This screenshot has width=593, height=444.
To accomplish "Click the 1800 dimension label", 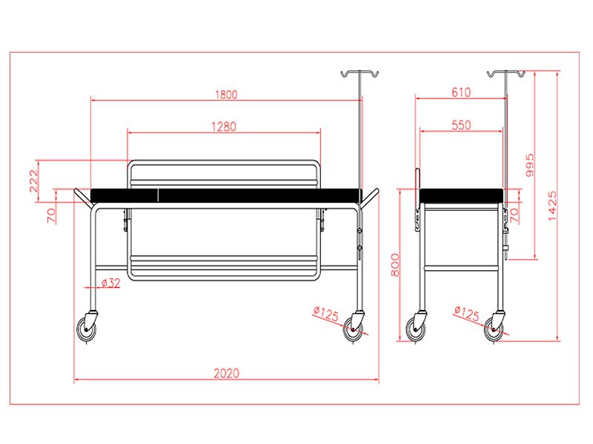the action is pyautogui.click(x=226, y=95).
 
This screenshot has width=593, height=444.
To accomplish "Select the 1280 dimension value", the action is pyautogui.click(x=224, y=127).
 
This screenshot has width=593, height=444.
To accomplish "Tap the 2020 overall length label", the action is pyautogui.click(x=227, y=374).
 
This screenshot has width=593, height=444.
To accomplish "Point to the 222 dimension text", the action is pyautogui.click(x=34, y=181).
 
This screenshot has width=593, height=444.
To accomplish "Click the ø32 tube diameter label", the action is pyautogui.click(x=110, y=283).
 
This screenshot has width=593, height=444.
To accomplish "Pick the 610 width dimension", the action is pyautogui.click(x=461, y=92).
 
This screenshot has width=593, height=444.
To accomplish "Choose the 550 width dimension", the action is pyautogui.click(x=461, y=125).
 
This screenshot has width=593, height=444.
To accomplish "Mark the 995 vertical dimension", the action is pyautogui.click(x=530, y=165).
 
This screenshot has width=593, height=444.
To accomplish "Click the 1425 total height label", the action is pyautogui.click(x=552, y=206).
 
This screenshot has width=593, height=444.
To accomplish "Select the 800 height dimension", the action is pyautogui.click(x=395, y=265).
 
